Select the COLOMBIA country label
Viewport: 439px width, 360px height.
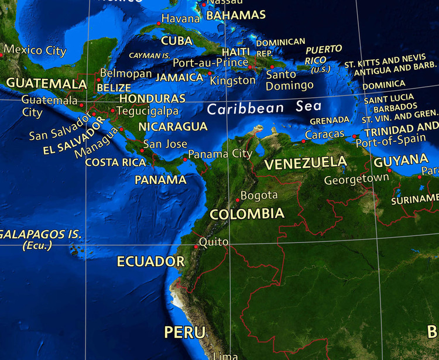pyautogui.click(x=247, y=214)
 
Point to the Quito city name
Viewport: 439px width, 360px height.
pyautogui.click(x=210, y=241)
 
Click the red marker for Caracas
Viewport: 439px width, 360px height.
pyautogui.click(x=303, y=141)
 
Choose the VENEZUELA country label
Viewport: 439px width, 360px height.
pyautogui.click(x=306, y=163)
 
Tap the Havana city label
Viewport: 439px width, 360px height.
pyautogui.click(x=181, y=19)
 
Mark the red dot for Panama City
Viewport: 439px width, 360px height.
pyautogui.click(x=185, y=159)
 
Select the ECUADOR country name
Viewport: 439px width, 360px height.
pyautogui.click(x=150, y=261)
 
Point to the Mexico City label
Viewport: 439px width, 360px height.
pyautogui.click(x=35, y=50)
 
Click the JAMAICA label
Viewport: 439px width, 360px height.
pyautogui.click(x=179, y=77)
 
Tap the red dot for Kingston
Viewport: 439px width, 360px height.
pyautogui.click(x=210, y=73)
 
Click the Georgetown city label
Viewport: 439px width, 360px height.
pyautogui.click(x=356, y=179)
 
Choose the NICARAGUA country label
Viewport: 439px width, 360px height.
pyautogui.click(x=173, y=126)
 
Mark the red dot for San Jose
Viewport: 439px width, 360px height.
pyautogui.click(x=142, y=149)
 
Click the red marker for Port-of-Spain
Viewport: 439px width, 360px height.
pyautogui.click(x=354, y=136)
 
